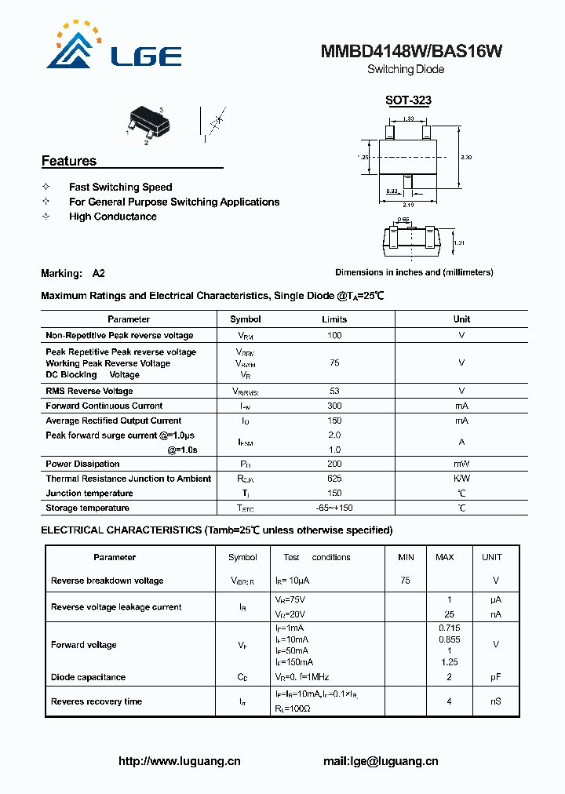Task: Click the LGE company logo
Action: tap(115, 49)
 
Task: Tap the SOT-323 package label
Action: tap(408, 100)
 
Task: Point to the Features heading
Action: tap(69, 161)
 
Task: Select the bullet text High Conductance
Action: tap(112, 217)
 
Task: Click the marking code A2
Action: tap(98, 274)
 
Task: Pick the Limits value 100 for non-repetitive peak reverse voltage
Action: tap(334, 335)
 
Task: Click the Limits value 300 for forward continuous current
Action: tap(334, 406)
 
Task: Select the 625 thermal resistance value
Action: tap(334, 479)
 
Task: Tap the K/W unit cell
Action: tap(461, 479)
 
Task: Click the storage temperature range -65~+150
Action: tap(334, 508)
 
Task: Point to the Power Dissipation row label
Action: tap(82, 464)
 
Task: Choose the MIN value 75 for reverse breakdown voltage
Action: tap(405, 581)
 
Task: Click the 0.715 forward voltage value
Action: tap(449, 628)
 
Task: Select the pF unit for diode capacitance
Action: tap(496, 677)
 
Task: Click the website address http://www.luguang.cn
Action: tap(179, 761)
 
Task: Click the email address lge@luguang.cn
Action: tap(381, 761)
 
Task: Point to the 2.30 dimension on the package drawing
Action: tap(466, 158)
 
